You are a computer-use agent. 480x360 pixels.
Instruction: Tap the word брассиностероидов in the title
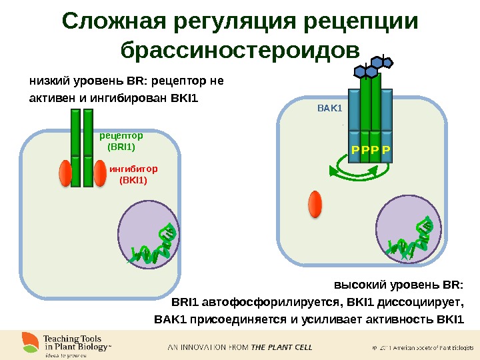239,51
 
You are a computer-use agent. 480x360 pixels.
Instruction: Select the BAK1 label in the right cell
329,107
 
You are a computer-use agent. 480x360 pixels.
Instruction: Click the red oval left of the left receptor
65,173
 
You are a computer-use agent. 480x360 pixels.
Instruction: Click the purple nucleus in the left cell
149,233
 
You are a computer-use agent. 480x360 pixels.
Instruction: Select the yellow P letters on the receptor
371,150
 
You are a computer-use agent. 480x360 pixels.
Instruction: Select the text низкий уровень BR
89,83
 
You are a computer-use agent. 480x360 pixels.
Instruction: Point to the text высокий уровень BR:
398,285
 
